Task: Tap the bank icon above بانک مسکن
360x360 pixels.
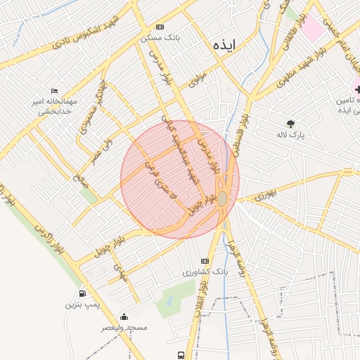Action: pos(160,27)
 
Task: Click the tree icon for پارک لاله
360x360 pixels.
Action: pos(290,123)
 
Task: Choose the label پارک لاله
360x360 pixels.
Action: pos(291,136)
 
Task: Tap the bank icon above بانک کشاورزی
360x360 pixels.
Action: pos(205,260)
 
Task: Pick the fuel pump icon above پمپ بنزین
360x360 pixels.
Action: pos(83,293)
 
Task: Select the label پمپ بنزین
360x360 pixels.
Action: pos(79,304)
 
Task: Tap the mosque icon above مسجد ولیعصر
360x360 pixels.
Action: pos(124,316)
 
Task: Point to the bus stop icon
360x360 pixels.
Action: pos(181,355)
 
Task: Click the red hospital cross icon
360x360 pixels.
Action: pos(356,89)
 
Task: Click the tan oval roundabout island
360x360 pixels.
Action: pos(222,199)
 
